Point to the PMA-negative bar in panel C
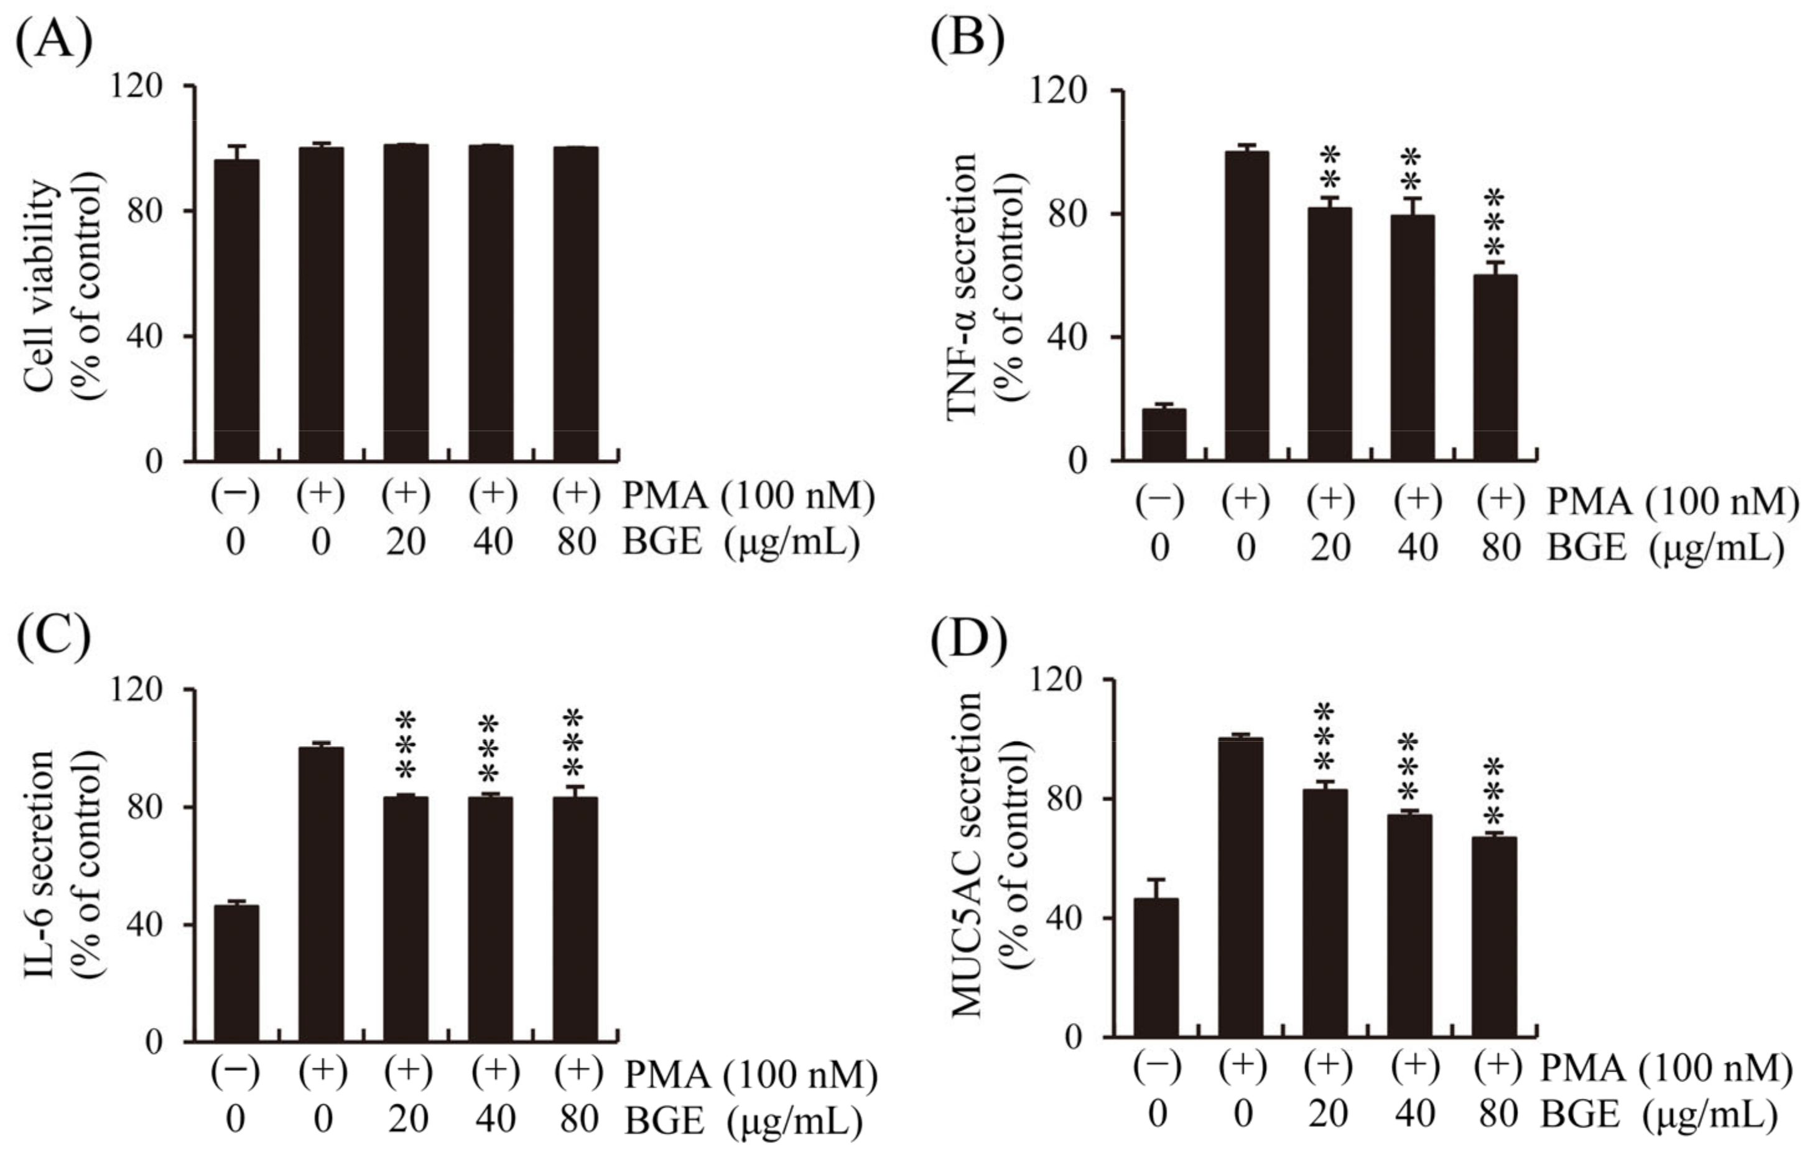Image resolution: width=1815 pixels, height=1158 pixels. [x=236, y=973]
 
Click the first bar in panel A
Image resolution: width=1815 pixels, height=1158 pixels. [x=236, y=309]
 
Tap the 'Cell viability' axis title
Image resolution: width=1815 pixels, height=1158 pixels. [x=42, y=285]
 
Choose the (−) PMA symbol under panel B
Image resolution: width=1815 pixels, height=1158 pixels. [x=1161, y=500]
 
